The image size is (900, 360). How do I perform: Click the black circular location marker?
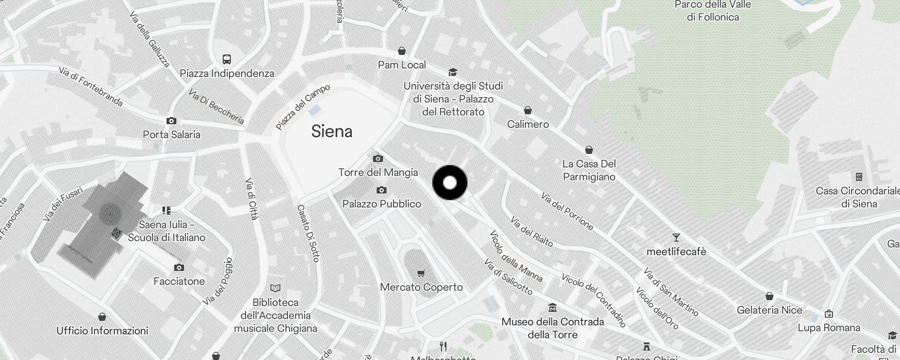450,183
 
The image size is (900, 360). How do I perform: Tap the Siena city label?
332,131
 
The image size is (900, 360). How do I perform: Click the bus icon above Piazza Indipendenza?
227,59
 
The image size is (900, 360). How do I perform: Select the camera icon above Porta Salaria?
171,121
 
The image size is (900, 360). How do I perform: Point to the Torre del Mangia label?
378,172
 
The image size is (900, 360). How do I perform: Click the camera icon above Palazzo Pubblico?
381,190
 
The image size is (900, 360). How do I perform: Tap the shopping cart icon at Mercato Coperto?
421,273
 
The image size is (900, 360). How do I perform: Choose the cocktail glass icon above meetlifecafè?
676,238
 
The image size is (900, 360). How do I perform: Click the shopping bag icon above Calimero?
528,110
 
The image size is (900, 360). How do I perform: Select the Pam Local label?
402,65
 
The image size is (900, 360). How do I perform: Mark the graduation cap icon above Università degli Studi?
453,72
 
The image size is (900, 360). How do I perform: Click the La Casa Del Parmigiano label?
589,170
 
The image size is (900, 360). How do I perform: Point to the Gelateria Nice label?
769,310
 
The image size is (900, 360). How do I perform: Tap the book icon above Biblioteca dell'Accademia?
275,288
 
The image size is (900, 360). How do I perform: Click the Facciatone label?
179,281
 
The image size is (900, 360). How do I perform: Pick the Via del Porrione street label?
567,211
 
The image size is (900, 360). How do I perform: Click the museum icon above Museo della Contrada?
553,308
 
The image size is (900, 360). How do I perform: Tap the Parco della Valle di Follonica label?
713,11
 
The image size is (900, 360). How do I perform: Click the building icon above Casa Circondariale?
859,177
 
